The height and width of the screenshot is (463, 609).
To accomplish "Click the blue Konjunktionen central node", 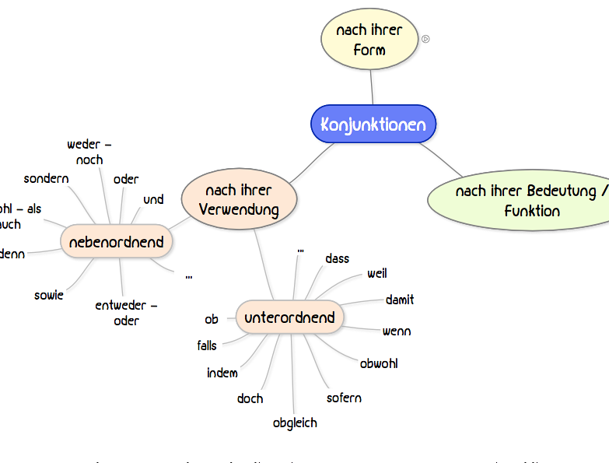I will pos(373,125).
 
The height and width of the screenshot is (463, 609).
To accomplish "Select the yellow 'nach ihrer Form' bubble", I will pos(369,40).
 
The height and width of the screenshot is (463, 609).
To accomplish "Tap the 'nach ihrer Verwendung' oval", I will pos(239,200).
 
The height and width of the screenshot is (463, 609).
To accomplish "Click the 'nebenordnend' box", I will pos(117,242).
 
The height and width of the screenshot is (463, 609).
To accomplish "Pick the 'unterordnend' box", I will pos(289,317).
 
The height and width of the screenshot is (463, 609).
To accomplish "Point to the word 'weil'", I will pos(377,273).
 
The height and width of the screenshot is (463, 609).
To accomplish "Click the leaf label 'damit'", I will pos(400,300).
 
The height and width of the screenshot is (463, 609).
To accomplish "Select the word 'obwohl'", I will pos(379,363).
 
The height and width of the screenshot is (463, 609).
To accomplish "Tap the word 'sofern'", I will pos(344,398).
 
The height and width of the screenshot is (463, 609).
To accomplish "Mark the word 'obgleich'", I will pos(295,423).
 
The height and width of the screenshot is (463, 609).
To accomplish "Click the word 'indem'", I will pos(222,373).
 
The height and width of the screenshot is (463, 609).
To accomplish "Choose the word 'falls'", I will pos(207,345).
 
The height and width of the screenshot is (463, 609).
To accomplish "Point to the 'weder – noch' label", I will pos(89,152).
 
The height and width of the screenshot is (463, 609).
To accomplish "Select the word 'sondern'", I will pos(47,178).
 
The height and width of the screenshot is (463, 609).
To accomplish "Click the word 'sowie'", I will pos(49,295).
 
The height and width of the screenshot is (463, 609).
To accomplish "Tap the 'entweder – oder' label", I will pos(127,313).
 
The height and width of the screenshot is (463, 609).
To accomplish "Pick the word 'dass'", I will pos(338,258).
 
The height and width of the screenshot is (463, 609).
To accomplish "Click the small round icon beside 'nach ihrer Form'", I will pos(425,39).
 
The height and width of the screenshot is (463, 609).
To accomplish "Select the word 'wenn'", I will pos(397,331).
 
